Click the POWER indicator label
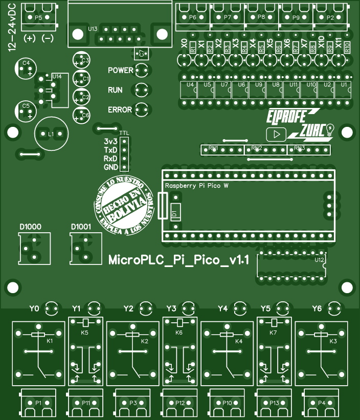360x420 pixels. [120, 70]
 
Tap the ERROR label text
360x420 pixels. [120, 109]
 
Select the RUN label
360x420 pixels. [115, 90]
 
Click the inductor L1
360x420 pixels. [51, 134]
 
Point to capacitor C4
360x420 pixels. [26, 67]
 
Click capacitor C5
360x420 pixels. [26, 110]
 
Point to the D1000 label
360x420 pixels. [31, 227]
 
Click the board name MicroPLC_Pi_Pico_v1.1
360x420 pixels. [179, 260]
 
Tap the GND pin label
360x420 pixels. [110, 167]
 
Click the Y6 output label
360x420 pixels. [317, 308]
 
